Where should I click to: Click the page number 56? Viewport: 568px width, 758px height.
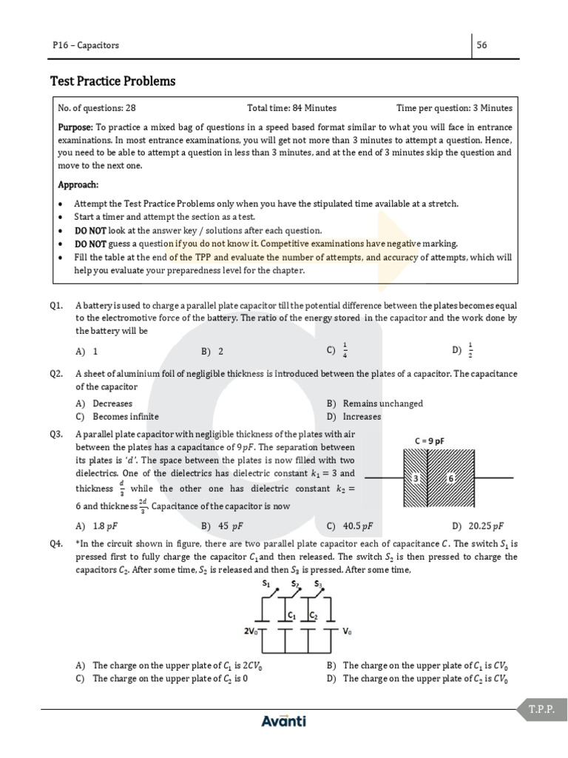(x=481, y=45)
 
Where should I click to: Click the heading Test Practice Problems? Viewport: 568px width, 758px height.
(x=112, y=81)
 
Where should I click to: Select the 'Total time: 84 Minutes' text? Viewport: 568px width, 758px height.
(x=291, y=108)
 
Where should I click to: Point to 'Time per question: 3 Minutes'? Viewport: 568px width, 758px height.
(x=454, y=108)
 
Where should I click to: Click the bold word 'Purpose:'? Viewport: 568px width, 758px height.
(x=75, y=127)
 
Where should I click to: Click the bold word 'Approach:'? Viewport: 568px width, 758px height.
(x=78, y=184)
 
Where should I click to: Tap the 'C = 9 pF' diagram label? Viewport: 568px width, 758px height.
(x=434, y=441)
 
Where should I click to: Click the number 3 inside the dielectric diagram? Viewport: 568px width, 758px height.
(x=416, y=479)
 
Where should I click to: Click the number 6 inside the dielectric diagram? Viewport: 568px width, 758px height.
(x=450, y=479)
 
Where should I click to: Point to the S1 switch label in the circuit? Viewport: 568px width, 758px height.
(x=266, y=583)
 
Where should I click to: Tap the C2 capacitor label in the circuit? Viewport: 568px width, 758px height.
(x=314, y=615)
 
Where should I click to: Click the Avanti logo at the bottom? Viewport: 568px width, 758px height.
(x=283, y=721)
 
